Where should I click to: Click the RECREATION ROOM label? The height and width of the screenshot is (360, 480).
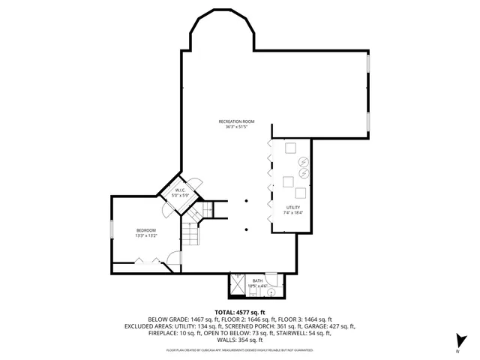(x=237, y=121)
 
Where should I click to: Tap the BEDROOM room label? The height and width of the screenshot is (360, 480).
(x=146, y=229)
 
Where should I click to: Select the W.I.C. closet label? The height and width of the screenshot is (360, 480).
(x=181, y=190)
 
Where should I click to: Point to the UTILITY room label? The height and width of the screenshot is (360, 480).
(x=293, y=207)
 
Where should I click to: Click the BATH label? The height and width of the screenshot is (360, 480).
(x=257, y=280)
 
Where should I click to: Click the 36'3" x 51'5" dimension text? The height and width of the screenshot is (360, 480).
(x=237, y=127)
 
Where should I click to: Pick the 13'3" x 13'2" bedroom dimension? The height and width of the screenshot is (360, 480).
(x=146, y=235)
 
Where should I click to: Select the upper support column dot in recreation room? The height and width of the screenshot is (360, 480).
(x=247, y=200)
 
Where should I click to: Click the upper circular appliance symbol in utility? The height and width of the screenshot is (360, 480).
(x=303, y=161)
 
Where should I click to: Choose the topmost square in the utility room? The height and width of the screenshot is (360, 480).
(x=289, y=148)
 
